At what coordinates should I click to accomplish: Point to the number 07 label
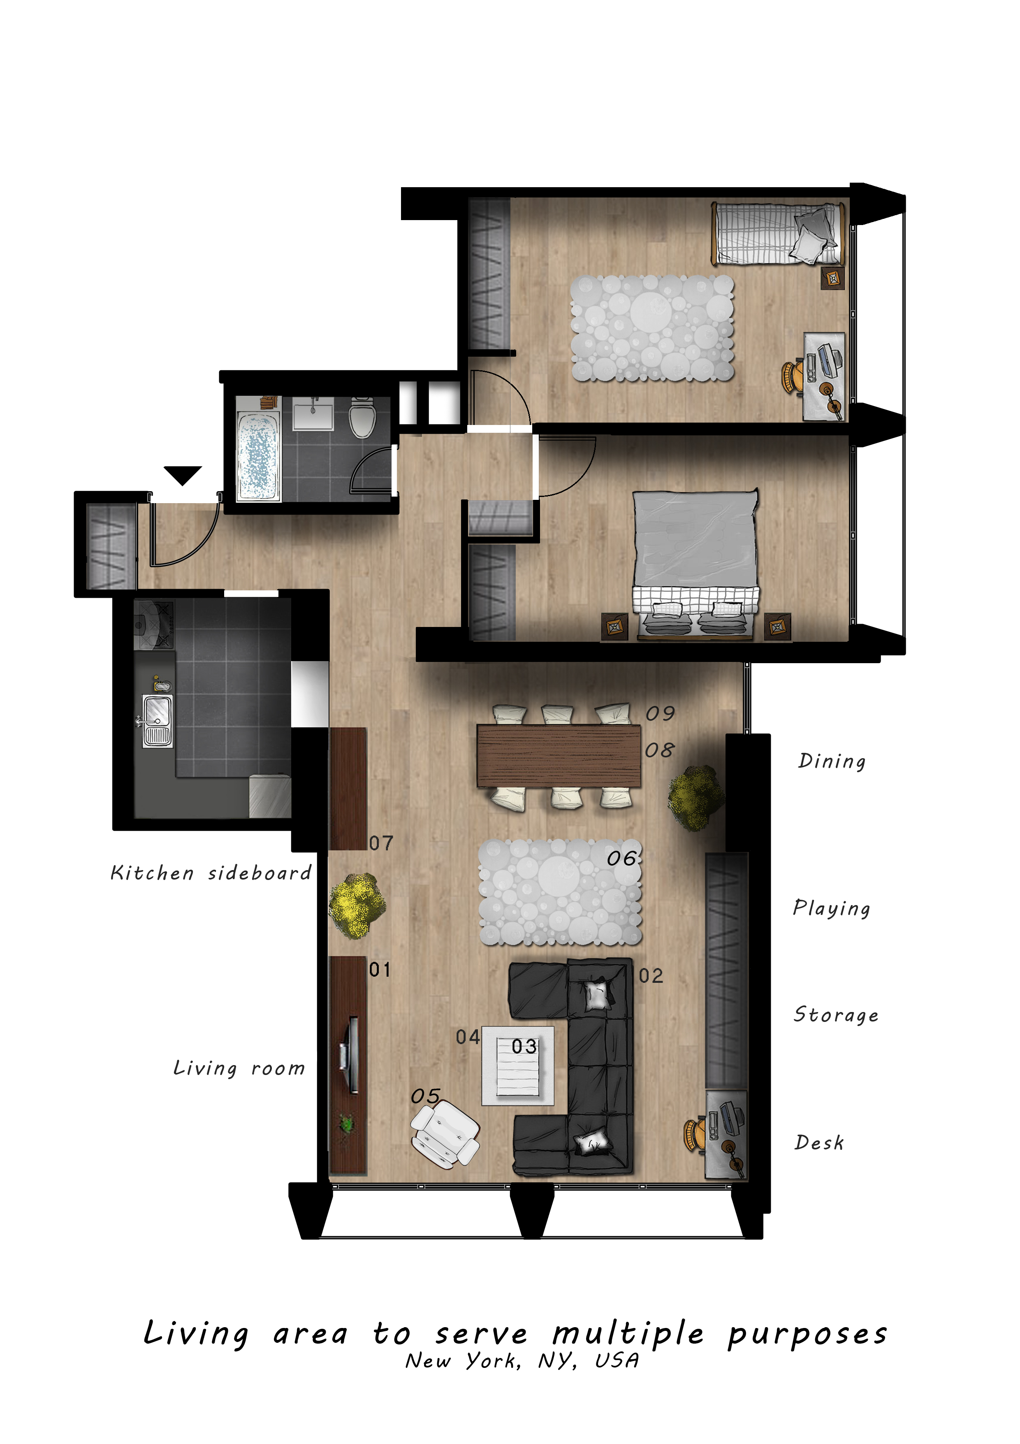coord(381,843)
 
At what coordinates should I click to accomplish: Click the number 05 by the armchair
coord(426,1096)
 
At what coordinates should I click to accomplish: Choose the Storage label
coord(836,1015)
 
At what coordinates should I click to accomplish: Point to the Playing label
coord(831,909)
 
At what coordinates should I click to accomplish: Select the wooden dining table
coord(559,756)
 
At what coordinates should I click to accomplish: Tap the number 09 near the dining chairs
coord(660,713)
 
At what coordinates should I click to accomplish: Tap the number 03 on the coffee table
coord(524,1047)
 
